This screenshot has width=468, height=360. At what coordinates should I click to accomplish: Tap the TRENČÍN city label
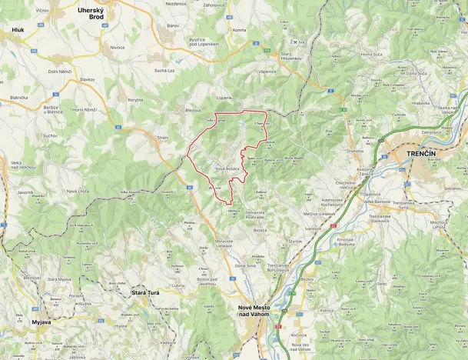click(422, 154)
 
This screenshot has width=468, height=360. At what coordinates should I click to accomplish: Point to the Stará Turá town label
click(128, 293)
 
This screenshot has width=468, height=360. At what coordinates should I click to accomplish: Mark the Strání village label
click(162, 137)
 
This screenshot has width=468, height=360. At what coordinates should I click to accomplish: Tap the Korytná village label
click(135, 100)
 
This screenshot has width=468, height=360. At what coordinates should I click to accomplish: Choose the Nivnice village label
click(117, 47)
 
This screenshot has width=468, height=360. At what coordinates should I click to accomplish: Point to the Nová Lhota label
click(78, 191)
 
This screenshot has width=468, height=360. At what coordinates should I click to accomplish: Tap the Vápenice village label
click(267, 72)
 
